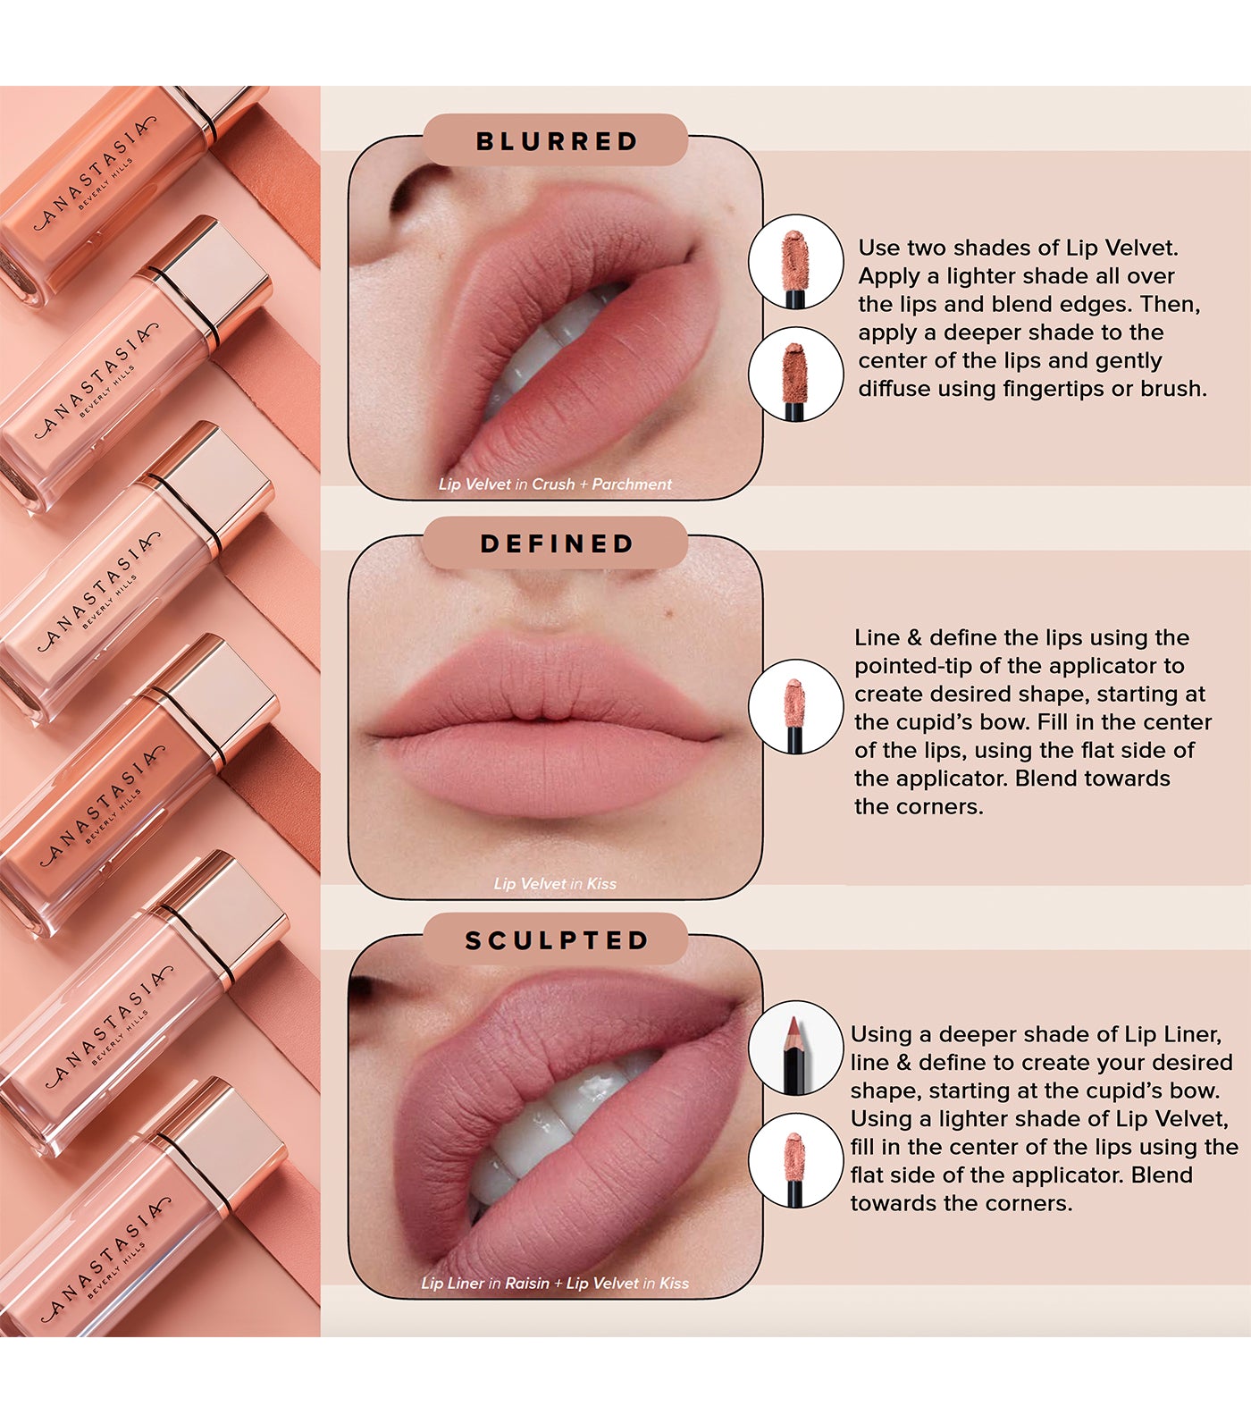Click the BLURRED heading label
pyautogui.click(x=556, y=141)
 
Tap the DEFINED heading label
pyautogui.click(x=556, y=543)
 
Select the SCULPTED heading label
pyautogui.click(x=556, y=940)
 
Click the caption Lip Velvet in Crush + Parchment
pyautogui.click(x=555, y=484)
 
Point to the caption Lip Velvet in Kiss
pyautogui.click(x=555, y=883)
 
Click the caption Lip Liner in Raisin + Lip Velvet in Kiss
pyautogui.click(x=555, y=1283)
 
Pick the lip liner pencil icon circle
pyautogui.click(x=795, y=1048)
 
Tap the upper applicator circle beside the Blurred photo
pyautogui.click(x=795, y=262)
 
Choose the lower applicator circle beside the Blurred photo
pyautogui.click(x=795, y=374)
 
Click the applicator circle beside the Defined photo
pyautogui.click(x=795, y=706)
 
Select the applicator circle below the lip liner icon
pyautogui.click(x=795, y=1161)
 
